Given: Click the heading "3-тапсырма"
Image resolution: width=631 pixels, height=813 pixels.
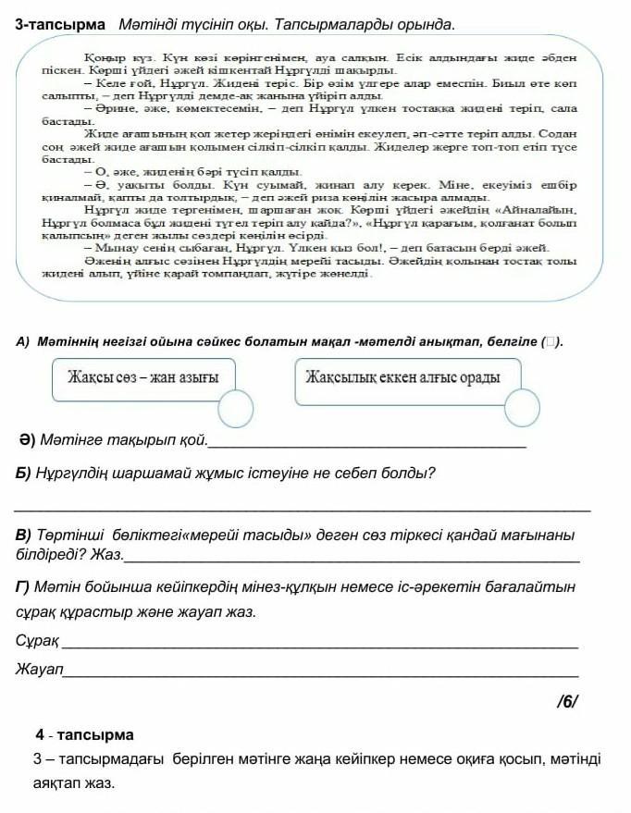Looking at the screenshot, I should click(60, 22).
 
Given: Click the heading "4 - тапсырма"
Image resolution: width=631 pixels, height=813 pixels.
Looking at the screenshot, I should click(84, 735).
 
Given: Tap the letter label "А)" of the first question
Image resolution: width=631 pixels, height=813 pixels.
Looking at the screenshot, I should click(24, 342).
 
